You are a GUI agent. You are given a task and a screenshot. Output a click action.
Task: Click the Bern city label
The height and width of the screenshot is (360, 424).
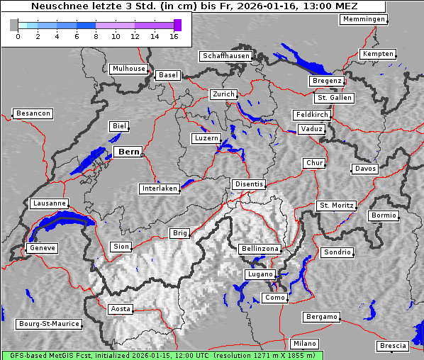[x=128, y=152]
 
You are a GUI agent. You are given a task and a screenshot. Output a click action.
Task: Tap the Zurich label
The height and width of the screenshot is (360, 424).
[x=223, y=94]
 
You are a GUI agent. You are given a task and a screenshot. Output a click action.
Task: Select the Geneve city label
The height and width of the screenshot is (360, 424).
[x=41, y=249]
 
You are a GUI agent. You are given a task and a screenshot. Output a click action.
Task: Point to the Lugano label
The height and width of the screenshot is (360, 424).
[x=260, y=274]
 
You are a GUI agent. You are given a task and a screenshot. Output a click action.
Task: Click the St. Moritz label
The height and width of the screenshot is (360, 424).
[x=336, y=206]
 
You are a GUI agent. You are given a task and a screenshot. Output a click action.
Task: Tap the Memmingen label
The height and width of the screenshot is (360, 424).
[x=364, y=19]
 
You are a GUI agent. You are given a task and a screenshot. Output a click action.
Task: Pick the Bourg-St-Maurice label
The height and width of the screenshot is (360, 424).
[x=49, y=324]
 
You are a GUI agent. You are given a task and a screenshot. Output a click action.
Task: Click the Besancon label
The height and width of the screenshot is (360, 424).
[x=33, y=113]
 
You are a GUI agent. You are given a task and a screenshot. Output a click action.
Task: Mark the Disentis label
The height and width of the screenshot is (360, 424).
[x=248, y=184]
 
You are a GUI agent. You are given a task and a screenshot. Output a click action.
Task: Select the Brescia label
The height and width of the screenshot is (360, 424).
[x=394, y=346]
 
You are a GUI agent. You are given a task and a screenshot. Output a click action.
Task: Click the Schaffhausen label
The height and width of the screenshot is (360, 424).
[x=225, y=55]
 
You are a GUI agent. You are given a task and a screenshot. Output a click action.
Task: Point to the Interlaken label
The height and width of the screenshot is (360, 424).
[x=159, y=189]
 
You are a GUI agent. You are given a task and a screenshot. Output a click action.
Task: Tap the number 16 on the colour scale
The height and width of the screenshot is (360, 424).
[x=174, y=36]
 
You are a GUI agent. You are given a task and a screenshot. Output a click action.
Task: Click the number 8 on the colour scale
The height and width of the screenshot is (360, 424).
[x=96, y=36]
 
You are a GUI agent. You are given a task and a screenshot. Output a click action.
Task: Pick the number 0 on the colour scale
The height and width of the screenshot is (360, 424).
[x=17, y=36]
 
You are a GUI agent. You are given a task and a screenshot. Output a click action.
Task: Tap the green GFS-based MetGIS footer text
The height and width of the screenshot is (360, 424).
[x=162, y=355]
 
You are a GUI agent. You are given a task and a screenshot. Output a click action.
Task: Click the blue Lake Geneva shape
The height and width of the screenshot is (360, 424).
[x=60, y=225]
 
